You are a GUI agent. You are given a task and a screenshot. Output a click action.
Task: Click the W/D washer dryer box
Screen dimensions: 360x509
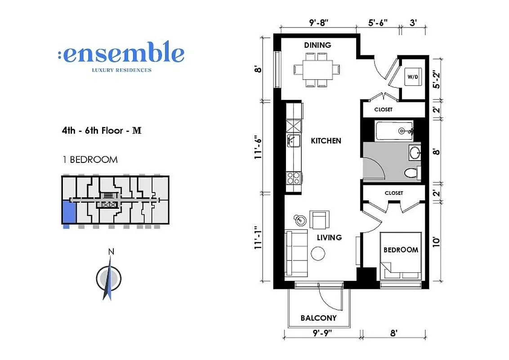pos(412,76)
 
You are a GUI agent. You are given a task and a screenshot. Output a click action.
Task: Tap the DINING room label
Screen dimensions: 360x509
pos(317,45)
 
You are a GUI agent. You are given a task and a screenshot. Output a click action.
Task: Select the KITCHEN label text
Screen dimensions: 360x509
pos(326,141)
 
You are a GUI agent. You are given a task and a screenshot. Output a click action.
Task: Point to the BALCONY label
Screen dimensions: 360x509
pos(318,318)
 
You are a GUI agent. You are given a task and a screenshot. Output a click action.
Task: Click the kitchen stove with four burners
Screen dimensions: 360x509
pos(294,178)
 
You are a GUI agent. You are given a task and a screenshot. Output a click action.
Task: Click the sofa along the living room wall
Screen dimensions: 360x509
pos(295,253)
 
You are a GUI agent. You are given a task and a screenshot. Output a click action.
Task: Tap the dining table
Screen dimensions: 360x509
pos(317,70)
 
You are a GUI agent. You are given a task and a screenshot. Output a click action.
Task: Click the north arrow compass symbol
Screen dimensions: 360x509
pos(108,278)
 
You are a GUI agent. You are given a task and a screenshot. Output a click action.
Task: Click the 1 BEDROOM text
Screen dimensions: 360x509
pos(89,160)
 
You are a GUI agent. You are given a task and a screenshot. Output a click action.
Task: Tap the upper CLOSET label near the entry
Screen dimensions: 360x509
pos(383,109)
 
